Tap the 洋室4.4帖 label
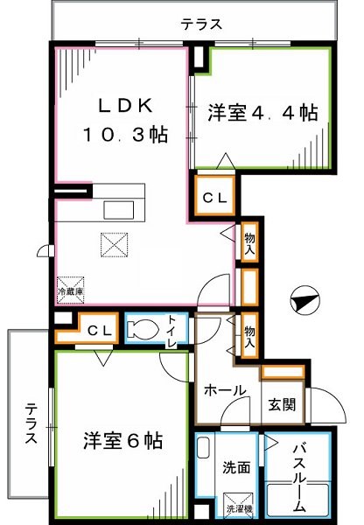262,113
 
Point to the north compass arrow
303,301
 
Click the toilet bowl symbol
143,331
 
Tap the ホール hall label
225,391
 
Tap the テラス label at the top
200,24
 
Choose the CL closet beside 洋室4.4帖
214,199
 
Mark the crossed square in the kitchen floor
112,245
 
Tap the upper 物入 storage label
249,241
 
